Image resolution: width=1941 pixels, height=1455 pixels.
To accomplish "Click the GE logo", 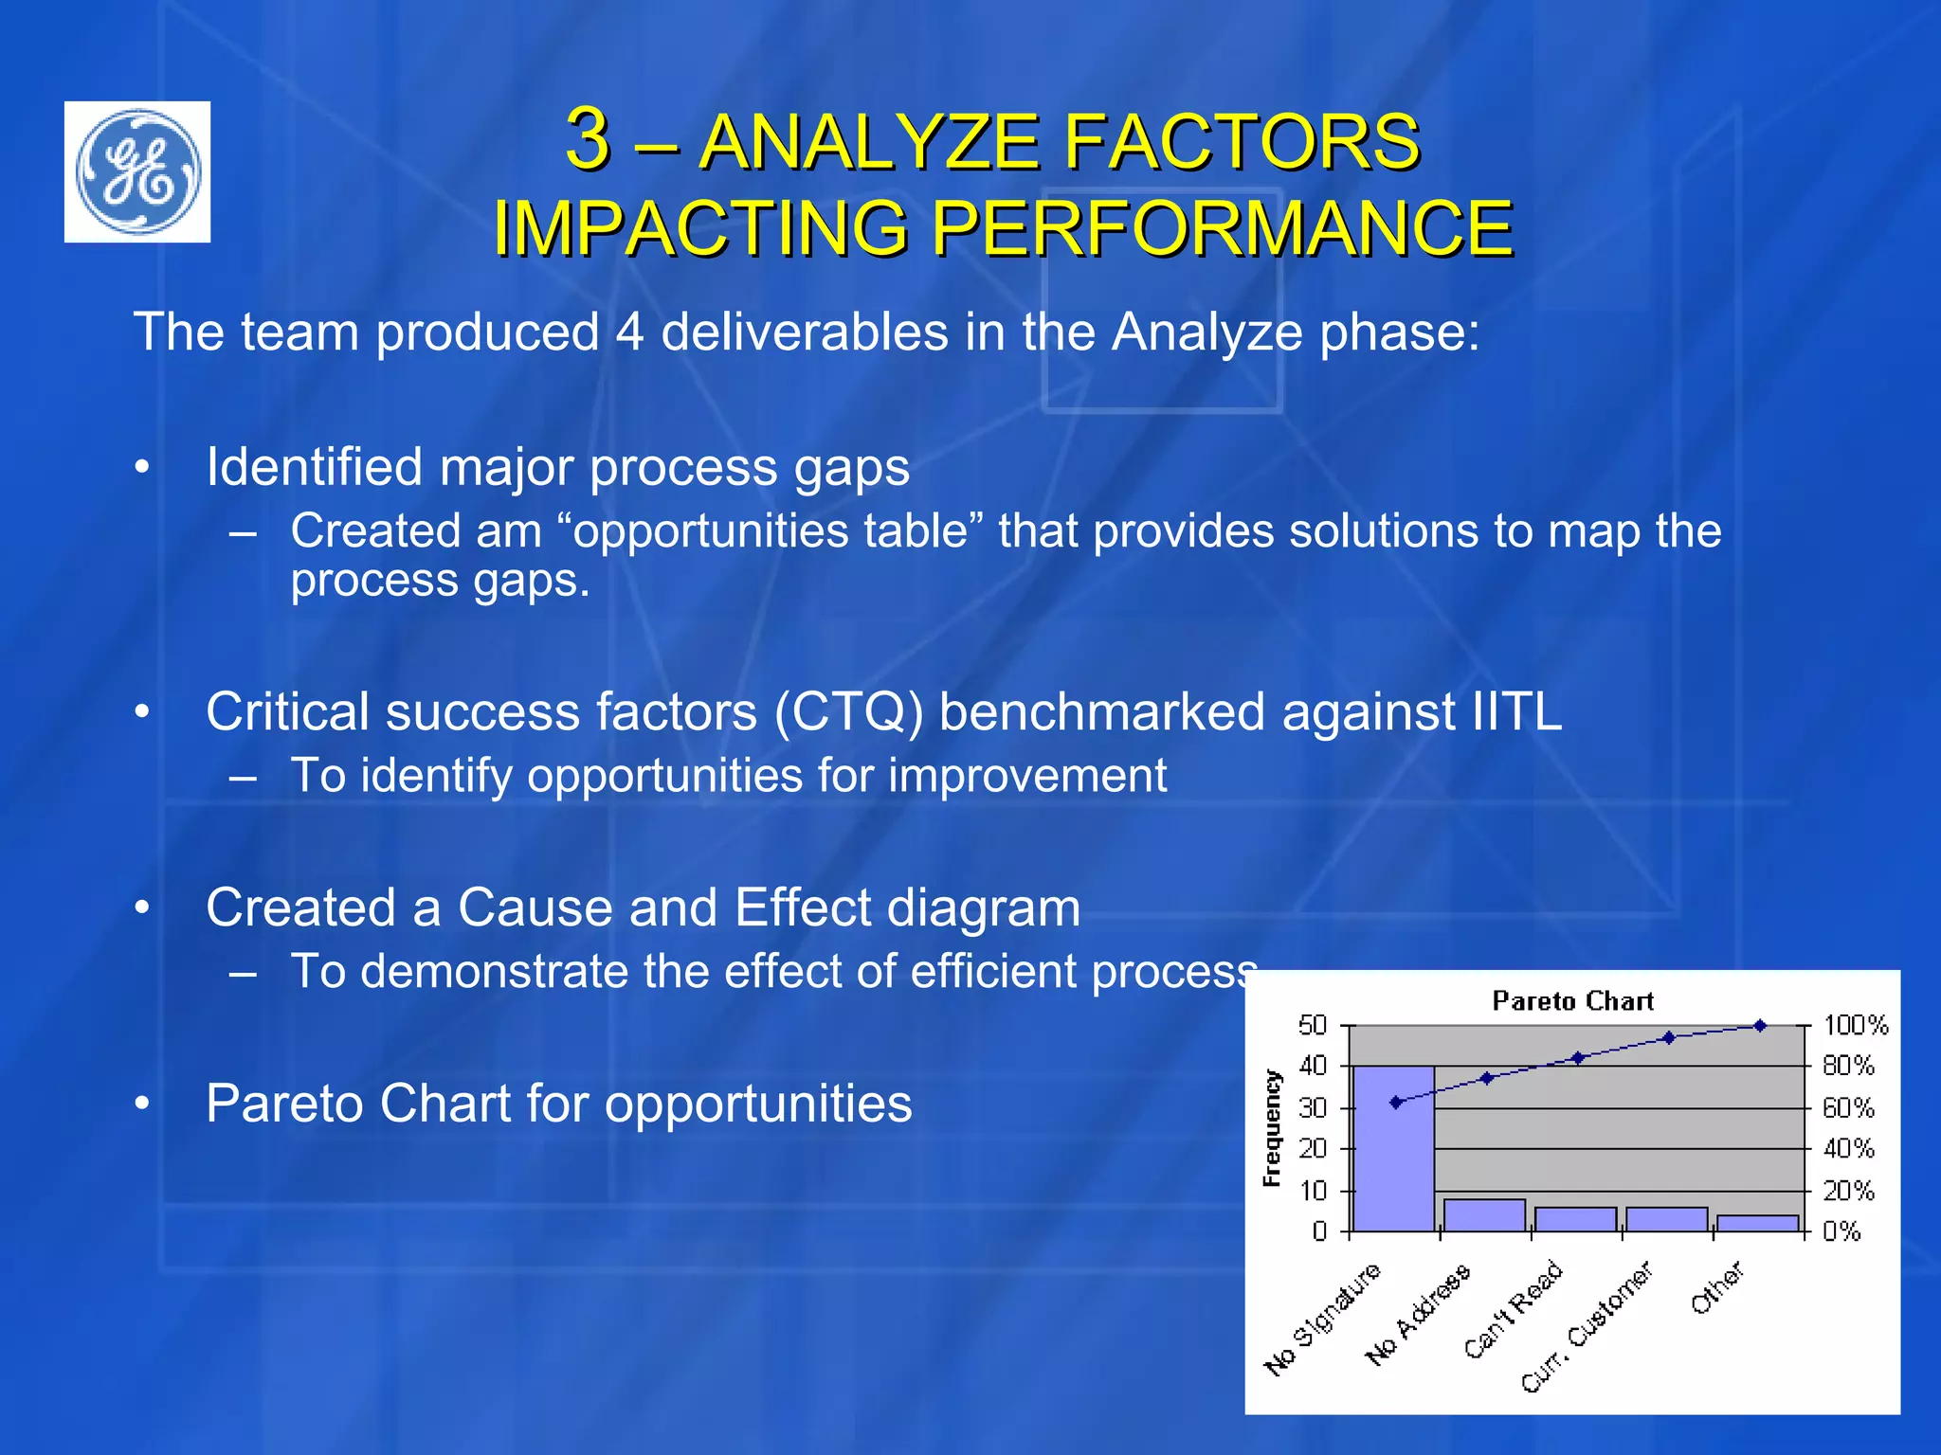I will tap(137, 171).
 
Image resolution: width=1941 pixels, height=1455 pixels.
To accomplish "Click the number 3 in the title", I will tap(588, 139).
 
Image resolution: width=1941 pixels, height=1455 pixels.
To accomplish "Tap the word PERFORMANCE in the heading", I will tap(1222, 228).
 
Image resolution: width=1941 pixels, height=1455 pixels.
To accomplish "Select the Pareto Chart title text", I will tap(1572, 1001).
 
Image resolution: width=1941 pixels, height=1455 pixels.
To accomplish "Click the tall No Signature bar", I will tap(1393, 1148).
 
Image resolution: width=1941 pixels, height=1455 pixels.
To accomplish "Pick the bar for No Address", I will tap(1484, 1215).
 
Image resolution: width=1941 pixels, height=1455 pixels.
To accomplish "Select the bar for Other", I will tap(1757, 1223).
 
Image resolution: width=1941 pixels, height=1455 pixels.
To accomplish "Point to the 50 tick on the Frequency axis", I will tap(1313, 1025).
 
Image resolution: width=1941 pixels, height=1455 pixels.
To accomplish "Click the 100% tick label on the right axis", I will tap(1856, 1025).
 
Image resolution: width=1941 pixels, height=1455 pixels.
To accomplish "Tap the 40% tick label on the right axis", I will tap(1848, 1149).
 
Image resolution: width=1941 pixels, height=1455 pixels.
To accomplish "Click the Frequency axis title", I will tap(1272, 1128).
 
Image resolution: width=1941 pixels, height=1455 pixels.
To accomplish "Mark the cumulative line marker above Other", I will tap(1760, 1026).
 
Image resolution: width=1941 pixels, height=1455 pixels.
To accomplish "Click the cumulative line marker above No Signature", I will tap(1396, 1102).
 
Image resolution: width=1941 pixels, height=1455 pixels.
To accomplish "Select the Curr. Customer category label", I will tap(1587, 1327).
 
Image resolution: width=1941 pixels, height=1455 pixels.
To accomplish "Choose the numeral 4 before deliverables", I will tap(630, 332).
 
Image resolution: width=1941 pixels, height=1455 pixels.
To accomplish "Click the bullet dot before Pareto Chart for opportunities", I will tap(142, 1104).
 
